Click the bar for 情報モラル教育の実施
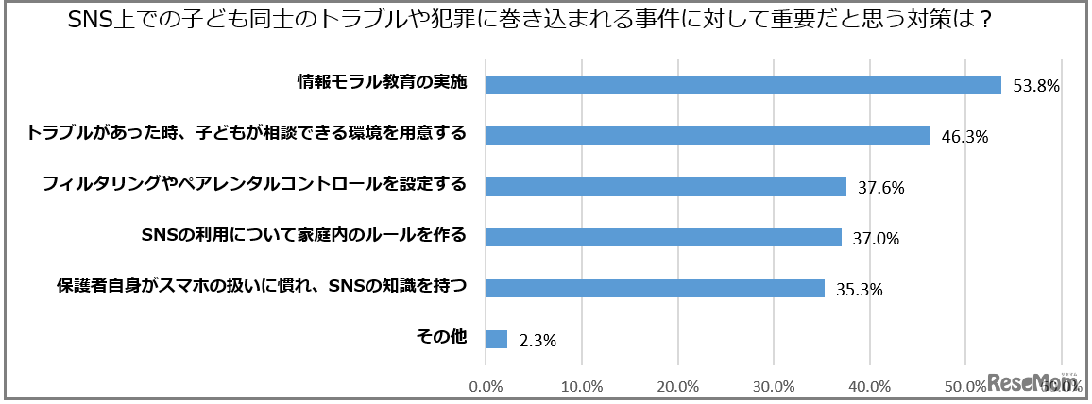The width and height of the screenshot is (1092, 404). tap(742, 85)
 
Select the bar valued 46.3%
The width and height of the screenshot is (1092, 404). tap(708, 136)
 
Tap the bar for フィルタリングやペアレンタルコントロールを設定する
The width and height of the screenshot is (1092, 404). tap(665, 187)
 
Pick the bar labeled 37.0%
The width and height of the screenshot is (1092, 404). tap(662, 238)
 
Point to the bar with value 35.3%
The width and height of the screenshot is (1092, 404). tap(655, 289)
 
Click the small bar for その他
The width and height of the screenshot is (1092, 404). tap(496, 339)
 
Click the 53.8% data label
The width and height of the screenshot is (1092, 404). tap(1036, 86)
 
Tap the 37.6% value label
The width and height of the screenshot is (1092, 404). tap(880, 188)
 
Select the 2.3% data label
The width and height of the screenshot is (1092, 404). tap(537, 341)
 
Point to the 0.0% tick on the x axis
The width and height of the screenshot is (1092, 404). tap(486, 385)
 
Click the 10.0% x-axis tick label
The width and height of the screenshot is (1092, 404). tap(582, 385)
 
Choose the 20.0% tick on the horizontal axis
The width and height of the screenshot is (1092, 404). tap(678, 385)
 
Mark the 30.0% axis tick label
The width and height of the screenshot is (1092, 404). tap(774, 385)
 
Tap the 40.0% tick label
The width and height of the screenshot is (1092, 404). tap(870, 385)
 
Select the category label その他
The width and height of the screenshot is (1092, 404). tap(442, 336)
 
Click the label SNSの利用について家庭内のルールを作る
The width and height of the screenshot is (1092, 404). tap(303, 235)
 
